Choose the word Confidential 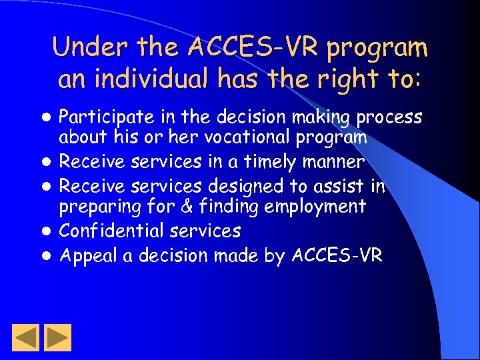pyautogui.click(x=111, y=231)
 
